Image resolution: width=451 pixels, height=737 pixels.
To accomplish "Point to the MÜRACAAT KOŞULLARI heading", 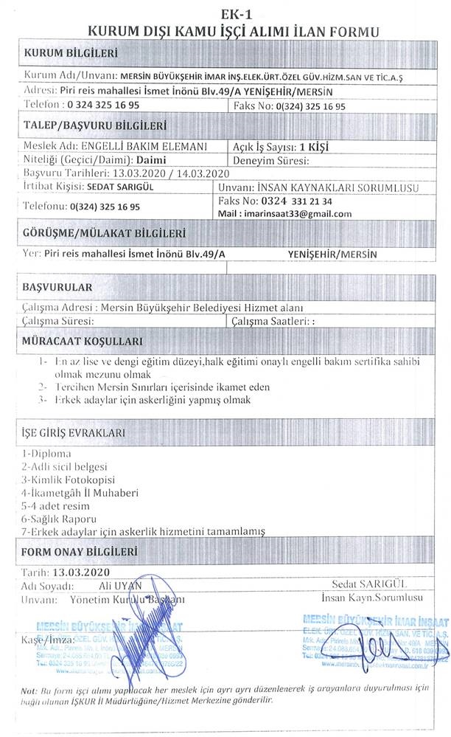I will pos(83,342).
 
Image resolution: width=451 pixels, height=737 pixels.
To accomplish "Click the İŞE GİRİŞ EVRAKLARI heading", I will pos(74,432).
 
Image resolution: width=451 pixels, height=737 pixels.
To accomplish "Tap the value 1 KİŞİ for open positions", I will pos(310,146).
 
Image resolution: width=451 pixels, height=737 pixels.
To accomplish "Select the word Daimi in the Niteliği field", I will pos(152,159).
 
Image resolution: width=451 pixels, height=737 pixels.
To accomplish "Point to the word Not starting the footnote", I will pos(30,690).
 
